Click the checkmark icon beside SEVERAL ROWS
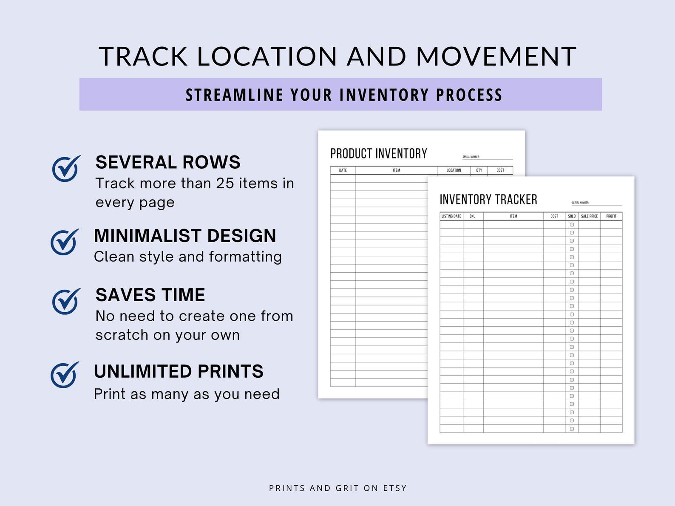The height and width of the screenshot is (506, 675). pos(65,169)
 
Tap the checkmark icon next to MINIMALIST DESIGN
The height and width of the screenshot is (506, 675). pos(64,242)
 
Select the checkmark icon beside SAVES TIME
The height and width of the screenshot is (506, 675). pos(65,301)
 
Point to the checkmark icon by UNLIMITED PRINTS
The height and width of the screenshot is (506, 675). pos(64,375)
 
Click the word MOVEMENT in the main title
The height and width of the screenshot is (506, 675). pos(496,57)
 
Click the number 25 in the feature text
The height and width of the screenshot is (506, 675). pos(225,183)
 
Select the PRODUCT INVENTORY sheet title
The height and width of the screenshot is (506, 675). pos(378,153)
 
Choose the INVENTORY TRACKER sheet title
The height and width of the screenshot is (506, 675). pos(488,199)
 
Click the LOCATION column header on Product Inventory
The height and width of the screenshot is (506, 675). pos(454,170)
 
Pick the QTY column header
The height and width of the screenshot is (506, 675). pos(479,170)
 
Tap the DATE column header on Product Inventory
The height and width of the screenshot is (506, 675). pos(343,170)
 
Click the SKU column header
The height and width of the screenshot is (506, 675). pos(472,216)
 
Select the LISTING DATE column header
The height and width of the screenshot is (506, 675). pos(451,216)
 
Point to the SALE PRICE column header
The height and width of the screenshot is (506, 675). pos(589,216)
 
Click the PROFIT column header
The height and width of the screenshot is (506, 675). pos(611,216)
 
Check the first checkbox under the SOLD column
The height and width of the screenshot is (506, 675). pos(572,225)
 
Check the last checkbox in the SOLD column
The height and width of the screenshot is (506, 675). pos(572,429)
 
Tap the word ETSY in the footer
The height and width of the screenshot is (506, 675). pos(395,488)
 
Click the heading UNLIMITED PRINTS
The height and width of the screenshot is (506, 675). pos(179,371)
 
